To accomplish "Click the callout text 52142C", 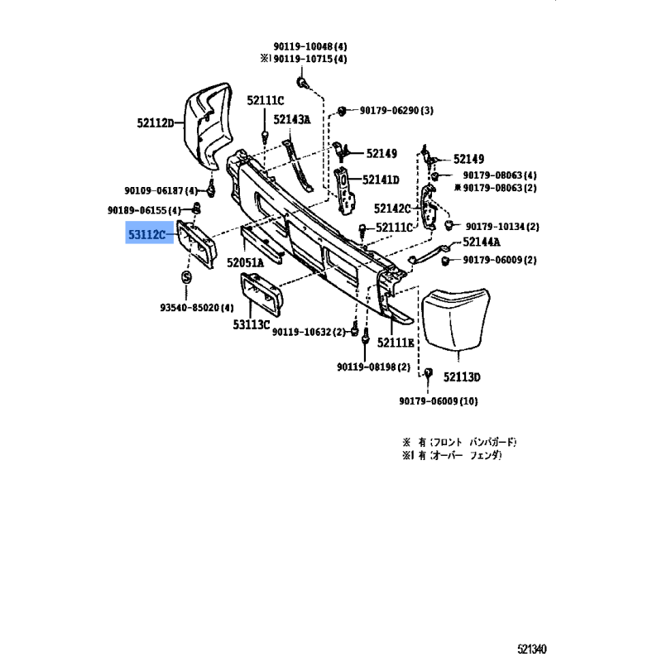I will point(392,209).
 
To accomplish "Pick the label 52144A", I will point(482,242).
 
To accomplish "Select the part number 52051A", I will point(246,262).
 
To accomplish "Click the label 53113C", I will point(252,324).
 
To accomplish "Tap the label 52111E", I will point(396,342).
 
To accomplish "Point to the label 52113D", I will point(461,377).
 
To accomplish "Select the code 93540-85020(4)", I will point(196,308).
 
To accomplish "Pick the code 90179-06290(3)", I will point(396,110).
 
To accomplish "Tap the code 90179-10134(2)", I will point(502,227).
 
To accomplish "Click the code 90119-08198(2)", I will point(373,366).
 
